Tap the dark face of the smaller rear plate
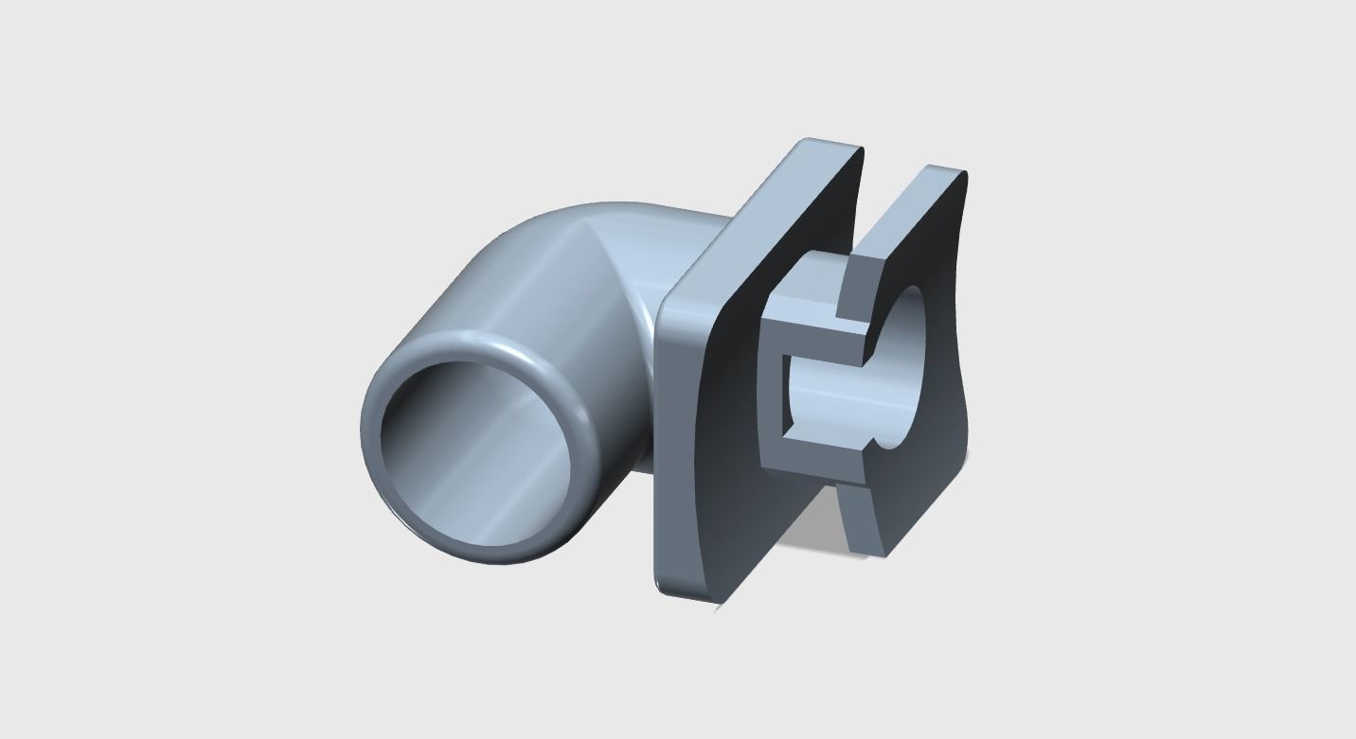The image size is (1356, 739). coord(937,454)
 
